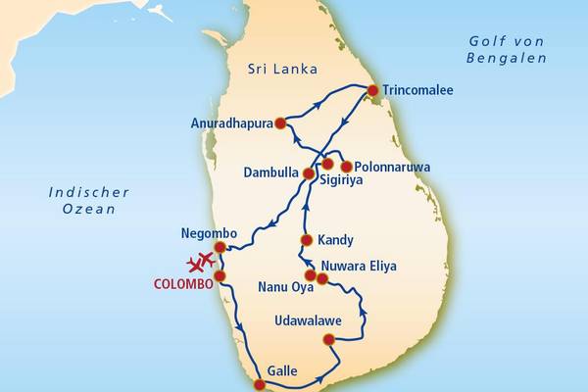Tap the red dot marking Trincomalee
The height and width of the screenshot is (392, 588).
[372, 90]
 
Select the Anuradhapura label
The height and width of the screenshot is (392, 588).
[231, 123]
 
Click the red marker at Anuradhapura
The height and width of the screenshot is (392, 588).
[280, 123]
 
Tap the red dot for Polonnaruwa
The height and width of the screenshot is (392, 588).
[346, 166]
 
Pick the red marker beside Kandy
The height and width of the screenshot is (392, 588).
[306, 239]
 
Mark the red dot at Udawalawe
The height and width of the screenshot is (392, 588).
[328, 340]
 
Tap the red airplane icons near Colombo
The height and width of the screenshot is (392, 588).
[201, 263]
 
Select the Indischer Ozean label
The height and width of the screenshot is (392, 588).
[83, 200]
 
